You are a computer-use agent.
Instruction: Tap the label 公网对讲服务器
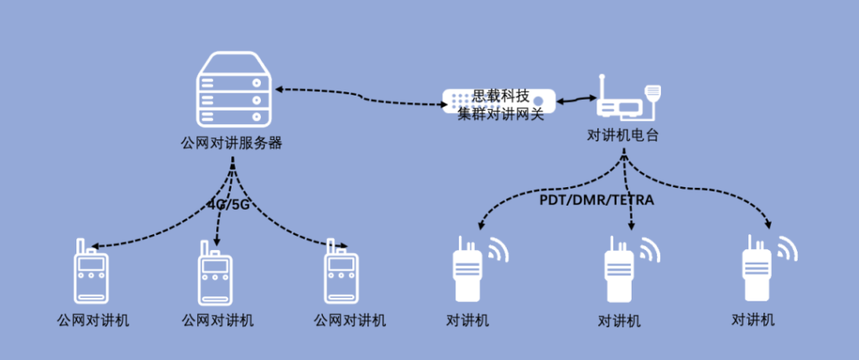coord(232,143)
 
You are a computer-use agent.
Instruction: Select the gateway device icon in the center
coord(500,104)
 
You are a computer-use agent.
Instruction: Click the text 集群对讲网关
coord(501,114)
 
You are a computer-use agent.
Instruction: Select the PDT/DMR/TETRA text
coord(596,201)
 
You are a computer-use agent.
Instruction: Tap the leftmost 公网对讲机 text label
coord(93,320)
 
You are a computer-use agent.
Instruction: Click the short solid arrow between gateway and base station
coord(575,101)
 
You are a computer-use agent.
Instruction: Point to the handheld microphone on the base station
coord(653,92)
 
